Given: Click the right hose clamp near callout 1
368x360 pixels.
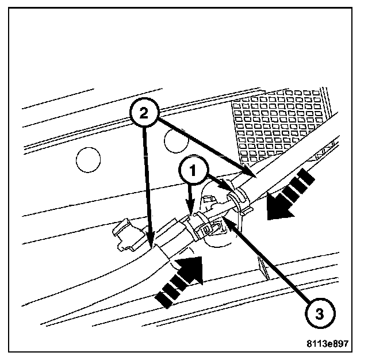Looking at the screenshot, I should pyautogui.click(x=236, y=198).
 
